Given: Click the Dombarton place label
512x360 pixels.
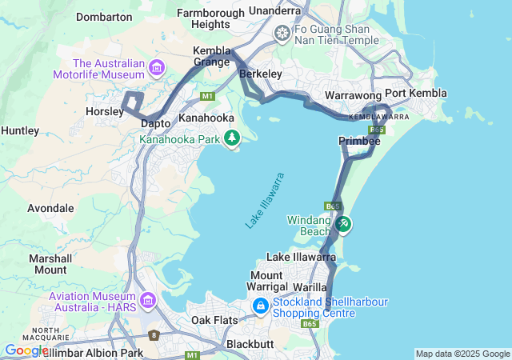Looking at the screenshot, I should [103, 16].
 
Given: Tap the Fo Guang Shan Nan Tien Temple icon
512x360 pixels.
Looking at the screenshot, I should [282, 34].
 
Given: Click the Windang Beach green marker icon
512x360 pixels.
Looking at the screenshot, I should [343, 224].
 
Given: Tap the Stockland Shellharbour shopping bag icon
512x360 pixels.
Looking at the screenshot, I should [260, 306].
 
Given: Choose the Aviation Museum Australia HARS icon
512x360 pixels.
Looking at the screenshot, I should [147, 301].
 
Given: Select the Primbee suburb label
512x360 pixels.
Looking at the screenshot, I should [359, 141].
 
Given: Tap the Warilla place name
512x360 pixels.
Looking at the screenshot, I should [312, 286].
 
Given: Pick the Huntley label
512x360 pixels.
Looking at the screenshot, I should [20, 130].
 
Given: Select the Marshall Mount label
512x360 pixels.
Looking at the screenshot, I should [50, 264].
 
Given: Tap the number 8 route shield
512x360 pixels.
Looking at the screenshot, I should [154, 335].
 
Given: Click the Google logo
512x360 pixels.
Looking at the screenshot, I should [26, 350].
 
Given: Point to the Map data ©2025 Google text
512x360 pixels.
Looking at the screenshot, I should [462, 354].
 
